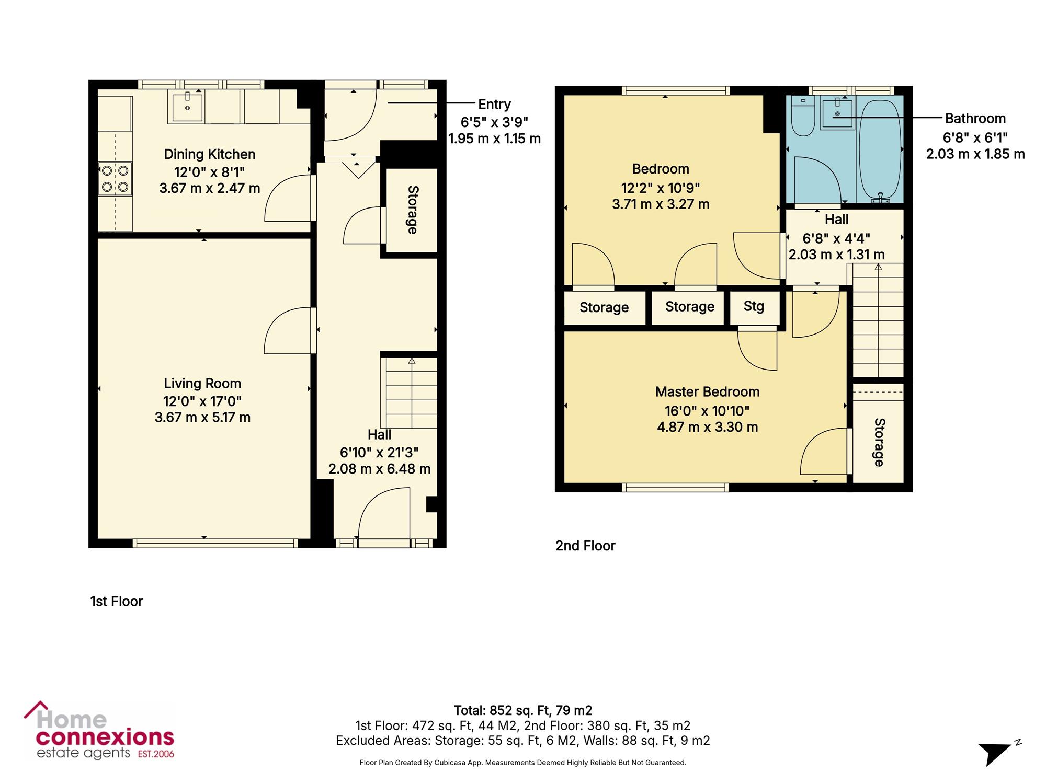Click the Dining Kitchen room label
click(209, 154)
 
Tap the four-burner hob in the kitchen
click(115, 179)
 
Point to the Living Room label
click(202, 384)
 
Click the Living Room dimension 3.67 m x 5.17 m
click(202, 418)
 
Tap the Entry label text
click(494, 105)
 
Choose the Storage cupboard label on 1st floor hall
click(412, 210)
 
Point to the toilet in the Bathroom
click(803, 116)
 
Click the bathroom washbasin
click(837, 113)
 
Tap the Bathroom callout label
click(975, 119)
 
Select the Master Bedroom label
click(707, 392)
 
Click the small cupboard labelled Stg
click(754, 307)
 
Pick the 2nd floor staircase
click(878, 320)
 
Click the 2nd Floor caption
click(585, 546)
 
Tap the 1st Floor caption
click(117, 602)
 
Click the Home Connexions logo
click(99, 731)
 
